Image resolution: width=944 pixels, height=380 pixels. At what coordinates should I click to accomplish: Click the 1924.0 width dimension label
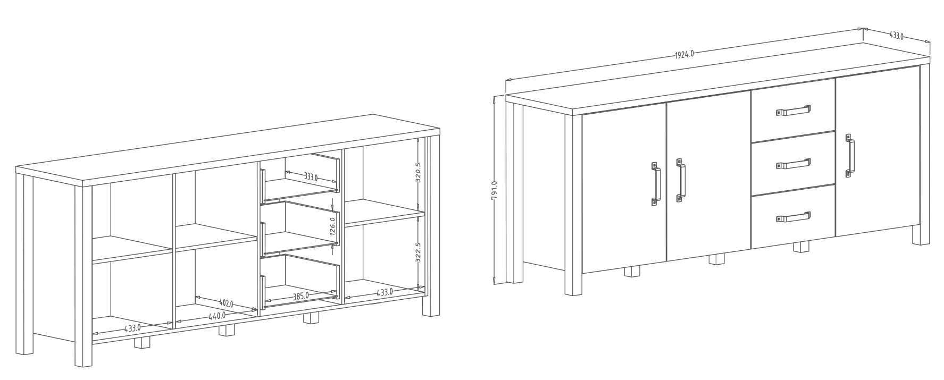click(x=684, y=54)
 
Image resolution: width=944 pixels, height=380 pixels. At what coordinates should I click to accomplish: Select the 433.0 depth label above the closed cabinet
click(x=897, y=36)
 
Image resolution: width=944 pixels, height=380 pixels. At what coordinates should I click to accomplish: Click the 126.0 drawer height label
click(x=332, y=226)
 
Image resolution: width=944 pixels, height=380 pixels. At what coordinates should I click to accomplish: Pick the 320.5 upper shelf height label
click(x=418, y=173)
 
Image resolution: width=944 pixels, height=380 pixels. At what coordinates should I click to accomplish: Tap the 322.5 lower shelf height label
click(x=418, y=252)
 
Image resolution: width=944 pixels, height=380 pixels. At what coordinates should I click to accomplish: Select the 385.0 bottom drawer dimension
click(x=300, y=296)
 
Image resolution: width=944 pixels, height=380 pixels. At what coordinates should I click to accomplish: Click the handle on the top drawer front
click(x=793, y=111)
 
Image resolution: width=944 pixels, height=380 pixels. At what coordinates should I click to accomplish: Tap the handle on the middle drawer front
click(x=793, y=164)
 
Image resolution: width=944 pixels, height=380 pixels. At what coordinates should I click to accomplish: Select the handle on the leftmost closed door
click(x=656, y=183)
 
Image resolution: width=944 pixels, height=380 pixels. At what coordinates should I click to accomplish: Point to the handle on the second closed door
click(x=680, y=180)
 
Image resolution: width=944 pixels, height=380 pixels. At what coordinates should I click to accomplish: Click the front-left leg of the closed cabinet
click(x=574, y=205)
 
